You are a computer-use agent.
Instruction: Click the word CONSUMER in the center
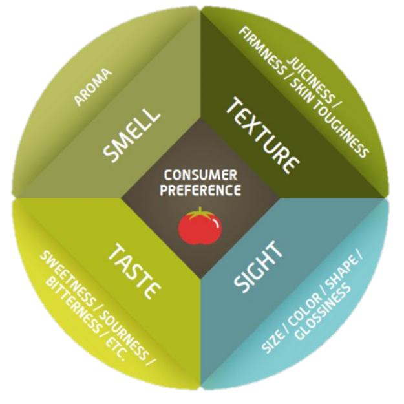coord(201,175)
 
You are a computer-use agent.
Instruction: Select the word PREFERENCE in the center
coord(202,190)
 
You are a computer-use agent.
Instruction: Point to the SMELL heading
coord(132,135)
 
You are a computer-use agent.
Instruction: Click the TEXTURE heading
coord(263,134)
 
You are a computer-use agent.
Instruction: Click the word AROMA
coord(93,86)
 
